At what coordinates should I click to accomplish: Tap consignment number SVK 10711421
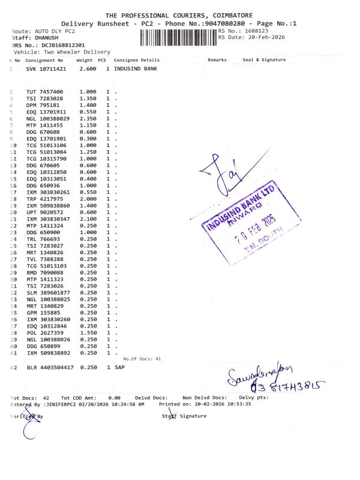click(46, 70)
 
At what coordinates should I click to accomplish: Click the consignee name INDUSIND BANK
click(136, 70)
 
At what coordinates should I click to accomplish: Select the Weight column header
click(84, 60)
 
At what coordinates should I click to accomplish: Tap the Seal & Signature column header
click(264, 60)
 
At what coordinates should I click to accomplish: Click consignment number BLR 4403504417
click(50, 367)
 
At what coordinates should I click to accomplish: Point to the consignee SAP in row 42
click(119, 367)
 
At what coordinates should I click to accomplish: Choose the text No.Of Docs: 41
click(142, 358)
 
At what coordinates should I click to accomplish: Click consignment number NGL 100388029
click(48, 119)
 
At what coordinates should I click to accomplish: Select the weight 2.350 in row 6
click(88, 119)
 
